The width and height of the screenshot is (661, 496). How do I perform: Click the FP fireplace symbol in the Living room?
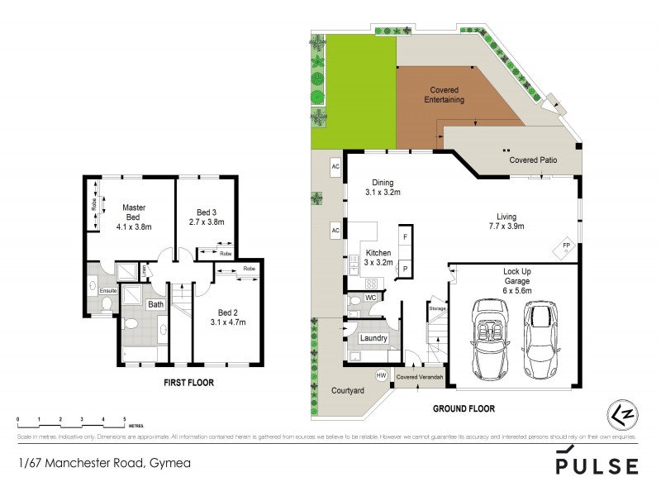click(566, 247)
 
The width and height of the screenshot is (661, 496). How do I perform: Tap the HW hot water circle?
click(381, 375)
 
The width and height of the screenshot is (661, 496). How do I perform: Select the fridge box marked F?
click(405, 237)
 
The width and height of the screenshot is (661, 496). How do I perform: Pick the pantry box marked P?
click(405, 268)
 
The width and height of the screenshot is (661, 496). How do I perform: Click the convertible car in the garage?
click(487, 339)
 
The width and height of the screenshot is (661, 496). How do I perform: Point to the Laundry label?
click(374, 338)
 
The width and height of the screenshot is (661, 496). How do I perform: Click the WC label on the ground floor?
click(371, 296)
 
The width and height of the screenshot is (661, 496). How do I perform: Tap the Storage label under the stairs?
click(437, 309)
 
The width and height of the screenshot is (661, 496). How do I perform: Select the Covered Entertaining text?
click(445, 95)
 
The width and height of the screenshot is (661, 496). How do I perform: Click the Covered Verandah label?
click(421, 378)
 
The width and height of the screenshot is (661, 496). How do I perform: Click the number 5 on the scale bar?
click(125, 421)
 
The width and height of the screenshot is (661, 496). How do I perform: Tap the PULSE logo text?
click(597, 465)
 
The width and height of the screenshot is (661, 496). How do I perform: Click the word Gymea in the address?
click(169, 463)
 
